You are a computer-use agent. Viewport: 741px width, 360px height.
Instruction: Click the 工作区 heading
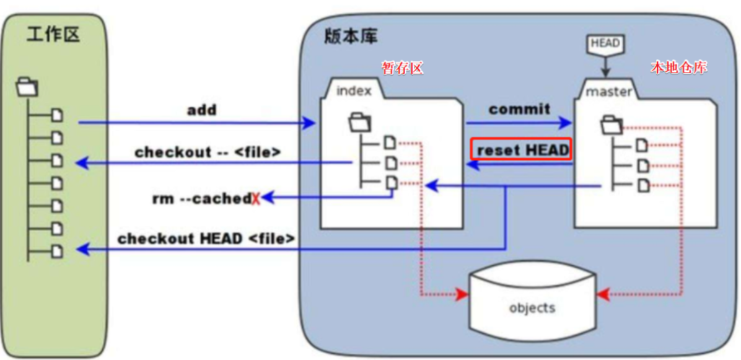(x=53, y=34)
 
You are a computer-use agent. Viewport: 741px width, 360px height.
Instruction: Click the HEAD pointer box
(x=606, y=43)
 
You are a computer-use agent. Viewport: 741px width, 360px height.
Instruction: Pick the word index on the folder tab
(x=354, y=91)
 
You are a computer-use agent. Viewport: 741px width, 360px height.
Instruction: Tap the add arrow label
(x=202, y=110)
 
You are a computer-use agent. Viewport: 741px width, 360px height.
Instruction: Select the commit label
(x=519, y=110)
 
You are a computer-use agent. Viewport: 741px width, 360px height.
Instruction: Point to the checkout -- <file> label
(x=207, y=151)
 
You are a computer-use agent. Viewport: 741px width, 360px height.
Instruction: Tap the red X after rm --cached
(x=255, y=199)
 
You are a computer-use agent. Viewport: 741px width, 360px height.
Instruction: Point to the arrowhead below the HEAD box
(x=606, y=72)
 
